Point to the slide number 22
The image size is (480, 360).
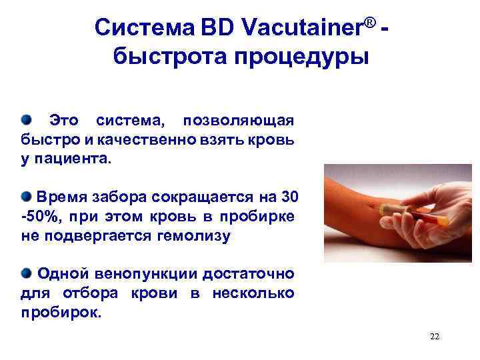click(x=435, y=336)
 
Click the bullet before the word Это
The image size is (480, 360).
click(x=26, y=119)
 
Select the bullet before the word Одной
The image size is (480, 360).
click(x=26, y=273)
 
